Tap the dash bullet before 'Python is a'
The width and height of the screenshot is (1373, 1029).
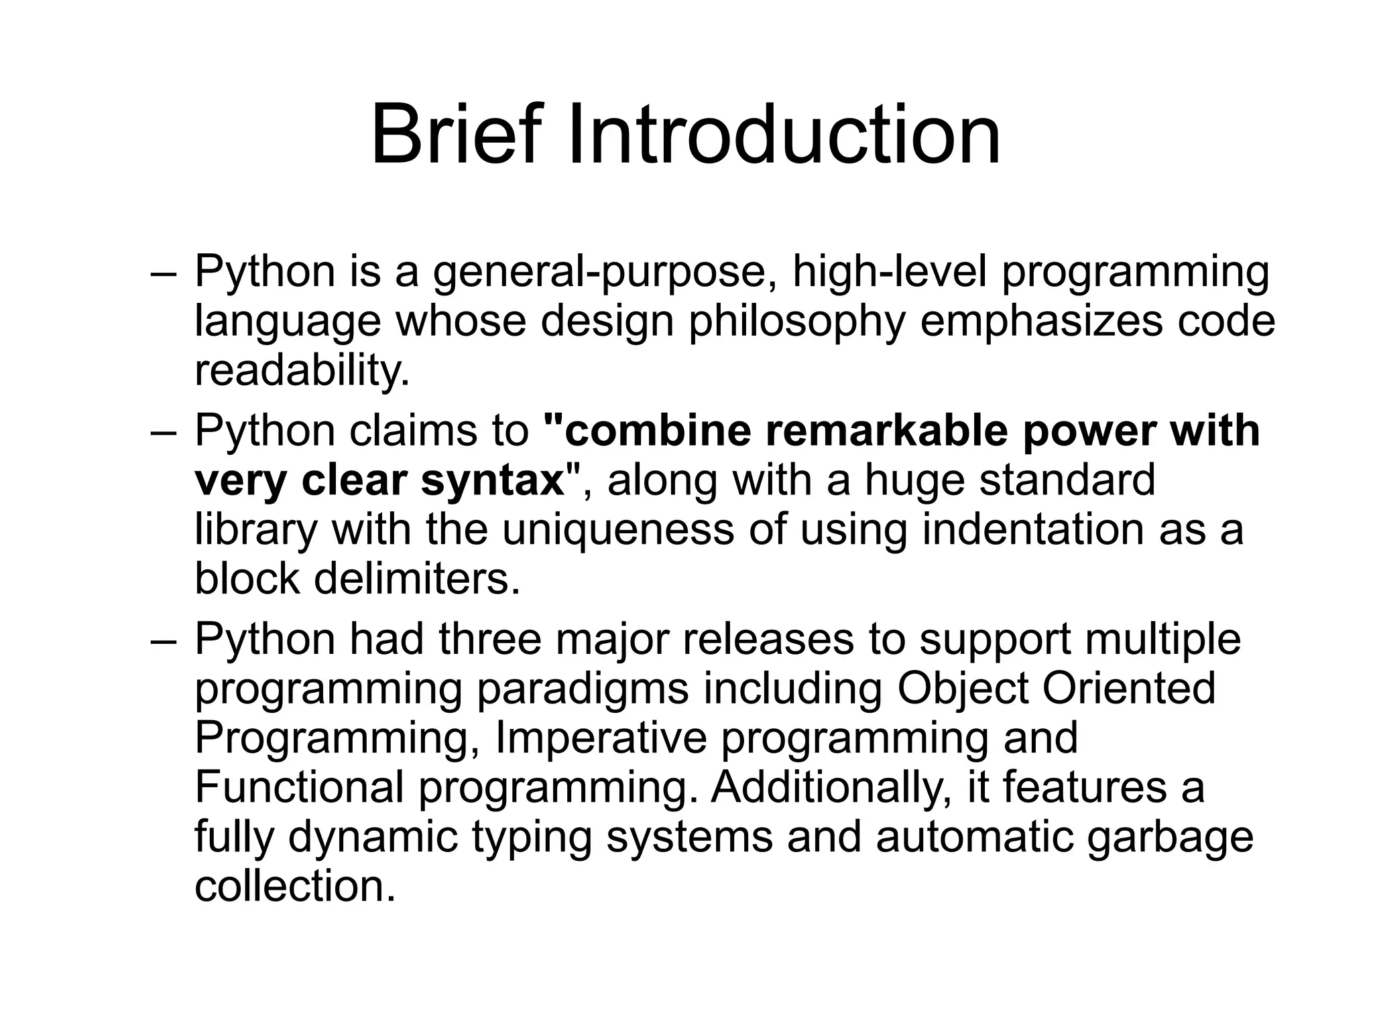click(164, 275)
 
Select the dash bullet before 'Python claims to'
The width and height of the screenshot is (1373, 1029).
click(164, 433)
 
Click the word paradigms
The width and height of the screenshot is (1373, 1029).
click(582, 689)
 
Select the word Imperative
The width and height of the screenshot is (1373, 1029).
click(601, 738)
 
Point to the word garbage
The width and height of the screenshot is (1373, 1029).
click(1169, 837)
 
